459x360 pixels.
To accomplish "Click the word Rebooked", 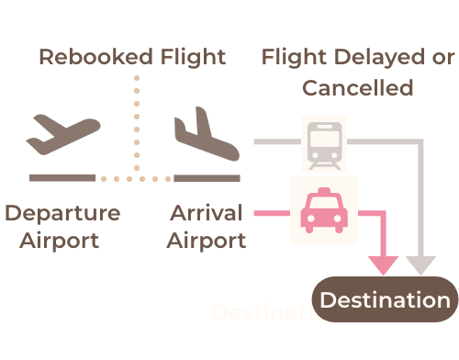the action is coord(96,57).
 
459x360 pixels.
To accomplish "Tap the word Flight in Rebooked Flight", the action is coord(194,58).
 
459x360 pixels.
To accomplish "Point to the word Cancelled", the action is coord(358,88).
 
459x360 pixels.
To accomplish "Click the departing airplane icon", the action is coord(63,135).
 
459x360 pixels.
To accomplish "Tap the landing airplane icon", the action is coord(207,134).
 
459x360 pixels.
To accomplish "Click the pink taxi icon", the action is coord(324,210).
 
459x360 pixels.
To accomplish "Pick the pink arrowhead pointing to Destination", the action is coord(383,264).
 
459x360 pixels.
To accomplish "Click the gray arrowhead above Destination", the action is coord(420,264).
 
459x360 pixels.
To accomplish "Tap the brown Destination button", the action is coord(385,299).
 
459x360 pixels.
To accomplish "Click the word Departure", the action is coord(62,214).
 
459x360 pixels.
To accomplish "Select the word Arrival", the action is coord(207,213).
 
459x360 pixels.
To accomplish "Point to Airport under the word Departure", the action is coord(60,241).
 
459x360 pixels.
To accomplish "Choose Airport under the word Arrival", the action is coord(207,241).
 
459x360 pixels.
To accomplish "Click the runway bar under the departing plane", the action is coord(62,178).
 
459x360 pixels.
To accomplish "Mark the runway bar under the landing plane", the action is coord(207,178).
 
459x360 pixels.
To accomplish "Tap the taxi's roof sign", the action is coord(324,191).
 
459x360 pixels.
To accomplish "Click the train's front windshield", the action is coord(324,139).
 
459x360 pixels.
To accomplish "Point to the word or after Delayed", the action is coord(443,58).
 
